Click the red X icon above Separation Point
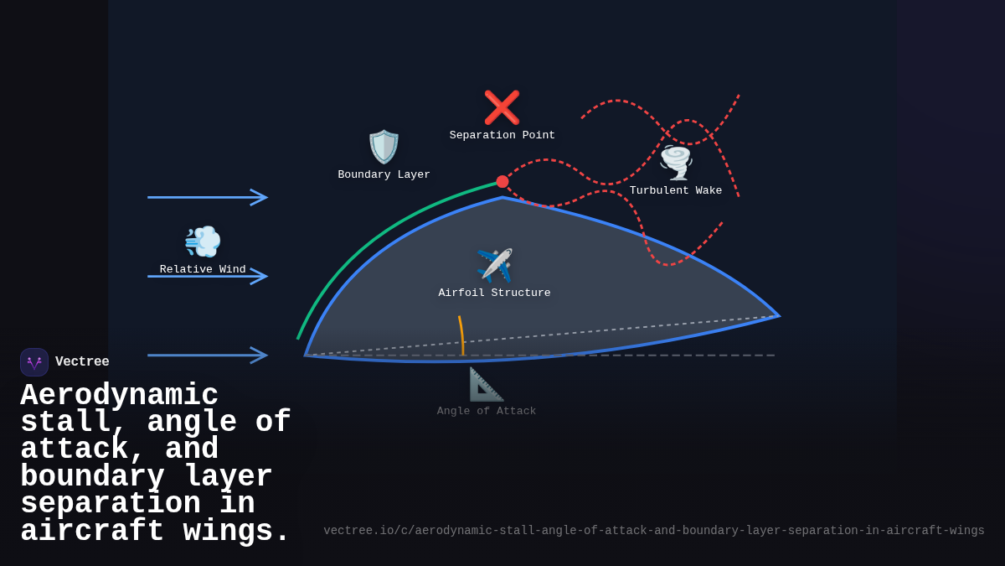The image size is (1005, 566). point(502,107)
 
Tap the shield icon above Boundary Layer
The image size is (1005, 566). point(384,147)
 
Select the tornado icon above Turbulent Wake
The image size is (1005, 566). point(676,163)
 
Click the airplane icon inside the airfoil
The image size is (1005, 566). point(494,265)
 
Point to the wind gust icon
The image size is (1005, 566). point(203,241)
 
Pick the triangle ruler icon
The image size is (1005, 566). point(486,384)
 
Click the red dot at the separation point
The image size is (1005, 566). point(502,181)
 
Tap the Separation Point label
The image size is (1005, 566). point(502,136)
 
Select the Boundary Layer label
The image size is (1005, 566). point(384,175)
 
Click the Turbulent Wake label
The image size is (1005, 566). point(676,191)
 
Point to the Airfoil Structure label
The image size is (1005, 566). point(494,293)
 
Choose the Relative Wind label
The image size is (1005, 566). point(203,270)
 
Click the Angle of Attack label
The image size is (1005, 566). point(486,412)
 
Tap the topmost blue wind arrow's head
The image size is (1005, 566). point(260,197)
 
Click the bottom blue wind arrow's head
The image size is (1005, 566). point(260,356)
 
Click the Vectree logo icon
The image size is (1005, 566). point(34,362)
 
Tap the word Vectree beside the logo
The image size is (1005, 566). point(82,362)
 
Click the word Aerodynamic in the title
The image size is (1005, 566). point(119,395)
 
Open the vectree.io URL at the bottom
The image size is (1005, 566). point(653,531)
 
